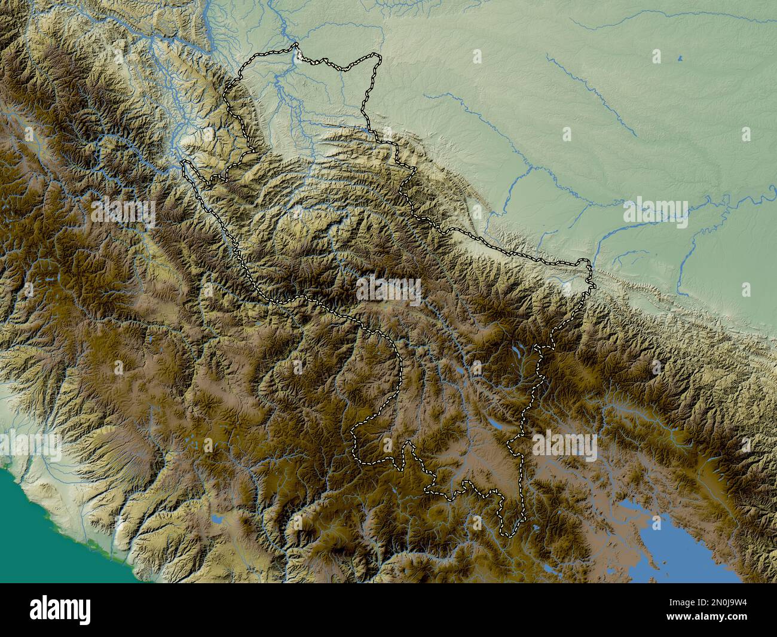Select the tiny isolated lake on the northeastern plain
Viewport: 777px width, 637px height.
pyautogui.click(x=680, y=59)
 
